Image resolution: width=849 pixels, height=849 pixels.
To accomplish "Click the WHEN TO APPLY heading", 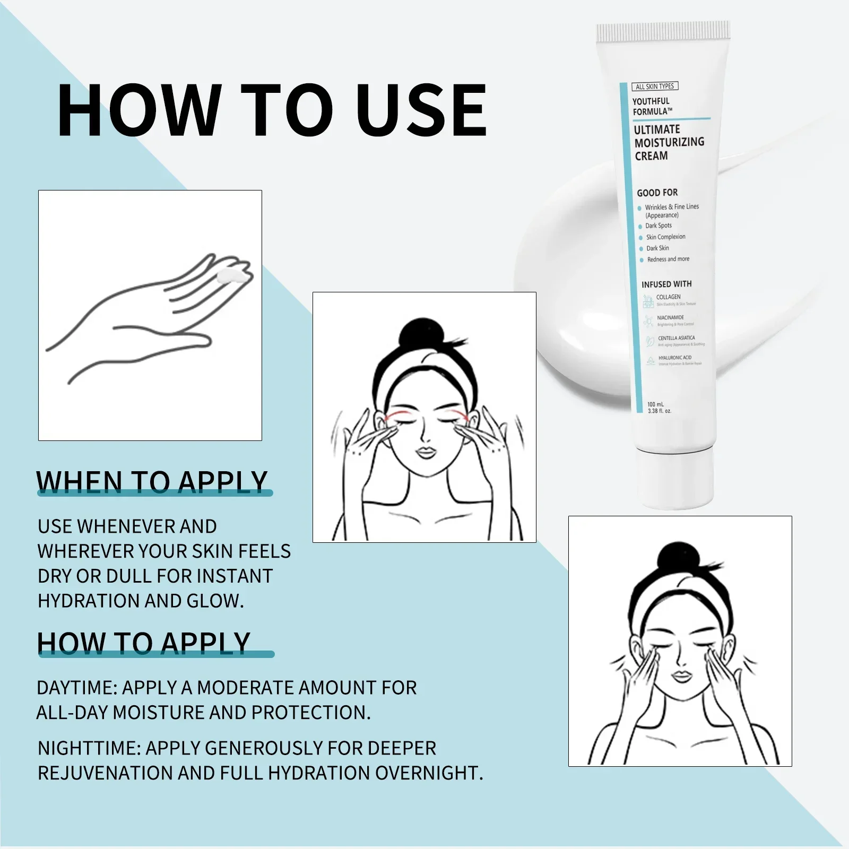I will click(x=152, y=482).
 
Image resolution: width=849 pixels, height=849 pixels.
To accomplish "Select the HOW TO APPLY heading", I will click(x=143, y=643).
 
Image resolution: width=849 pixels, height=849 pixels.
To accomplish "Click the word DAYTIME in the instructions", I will click(x=76, y=688).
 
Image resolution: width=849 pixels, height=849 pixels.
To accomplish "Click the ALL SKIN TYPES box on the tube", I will click(x=655, y=86).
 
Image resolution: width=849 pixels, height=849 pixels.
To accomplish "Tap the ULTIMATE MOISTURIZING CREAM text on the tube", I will click(x=669, y=142).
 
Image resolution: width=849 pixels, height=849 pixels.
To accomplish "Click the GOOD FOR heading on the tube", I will click(x=657, y=193).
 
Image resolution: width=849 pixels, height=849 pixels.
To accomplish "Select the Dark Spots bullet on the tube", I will click(x=658, y=226).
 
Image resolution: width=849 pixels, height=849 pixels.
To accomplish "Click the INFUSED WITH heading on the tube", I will click(x=666, y=284).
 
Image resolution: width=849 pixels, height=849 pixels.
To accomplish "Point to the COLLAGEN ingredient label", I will click(x=668, y=297).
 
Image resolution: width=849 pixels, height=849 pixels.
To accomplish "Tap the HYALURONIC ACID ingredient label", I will click(x=675, y=358).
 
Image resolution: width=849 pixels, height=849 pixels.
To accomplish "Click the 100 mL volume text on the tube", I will click(x=656, y=404).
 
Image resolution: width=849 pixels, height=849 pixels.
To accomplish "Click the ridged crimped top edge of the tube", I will click(x=663, y=32).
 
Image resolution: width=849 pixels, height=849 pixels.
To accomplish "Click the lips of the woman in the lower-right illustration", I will click(x=681, y=677).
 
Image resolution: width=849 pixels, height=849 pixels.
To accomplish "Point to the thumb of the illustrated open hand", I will click(x=186, y=340).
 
